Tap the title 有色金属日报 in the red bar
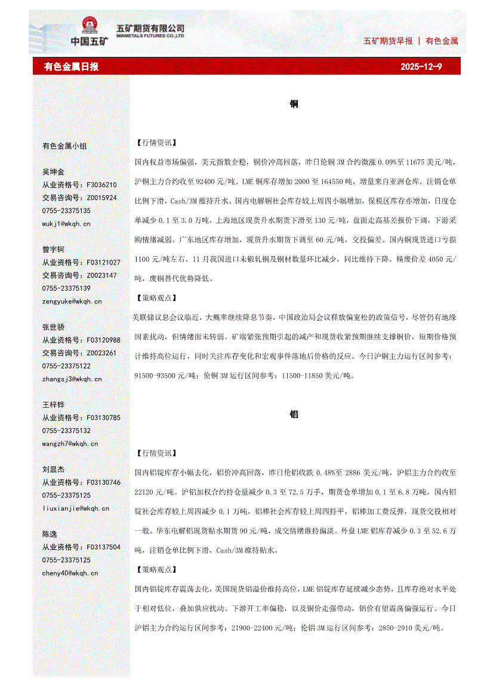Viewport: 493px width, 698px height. pos(71,67)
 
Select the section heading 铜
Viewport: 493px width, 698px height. pos(294,104)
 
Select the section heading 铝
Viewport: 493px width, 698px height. pos(294,414)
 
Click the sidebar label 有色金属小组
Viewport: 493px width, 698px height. pos(64,146)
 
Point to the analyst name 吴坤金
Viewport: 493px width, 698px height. pos(53,172)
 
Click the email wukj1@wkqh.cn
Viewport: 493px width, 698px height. pos(66,224)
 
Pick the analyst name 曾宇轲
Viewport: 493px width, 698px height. pos(53,250)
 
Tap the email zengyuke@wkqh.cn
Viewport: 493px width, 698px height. pos(72,302)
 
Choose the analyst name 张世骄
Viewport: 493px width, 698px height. pos(53,327)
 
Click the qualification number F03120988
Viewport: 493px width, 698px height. pos(103,340)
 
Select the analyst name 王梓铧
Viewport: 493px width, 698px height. pos(53,405)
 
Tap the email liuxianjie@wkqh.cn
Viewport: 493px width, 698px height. pos(75,508)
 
